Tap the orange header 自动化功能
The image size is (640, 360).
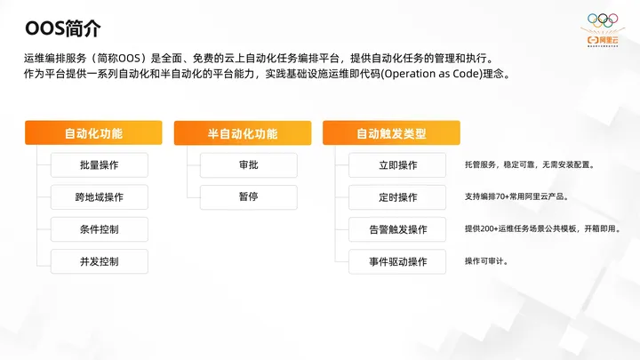(x=93, y=133)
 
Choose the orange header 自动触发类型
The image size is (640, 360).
(x=391, y=133)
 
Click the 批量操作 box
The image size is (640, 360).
(x=99, y=165)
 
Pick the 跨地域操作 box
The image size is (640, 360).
(x=99, y=197)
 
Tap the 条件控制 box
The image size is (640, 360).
(x=99, y=229)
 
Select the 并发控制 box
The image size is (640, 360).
(x=99, y=261)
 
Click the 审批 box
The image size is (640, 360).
(x=248, y=165)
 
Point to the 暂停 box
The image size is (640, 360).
(x=248, y=197)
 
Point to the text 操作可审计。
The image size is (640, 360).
(x=486, y=261)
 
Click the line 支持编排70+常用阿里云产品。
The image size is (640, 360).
(x=516, y=196)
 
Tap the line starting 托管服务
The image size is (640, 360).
(x=528, y=164)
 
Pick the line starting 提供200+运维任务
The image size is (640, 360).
(x=542, y=228)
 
